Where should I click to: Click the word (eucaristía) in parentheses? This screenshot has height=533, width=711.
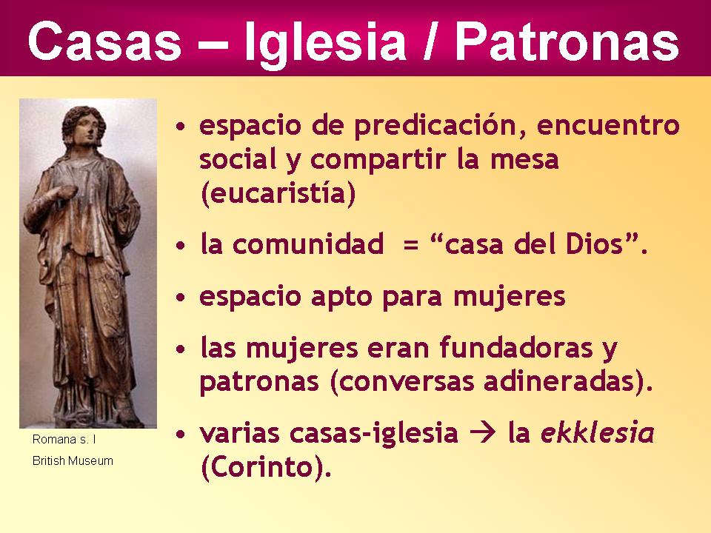278,194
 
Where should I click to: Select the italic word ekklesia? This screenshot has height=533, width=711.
597,433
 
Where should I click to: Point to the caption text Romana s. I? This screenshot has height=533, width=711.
64,440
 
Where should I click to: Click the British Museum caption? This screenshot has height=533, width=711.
73,460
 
